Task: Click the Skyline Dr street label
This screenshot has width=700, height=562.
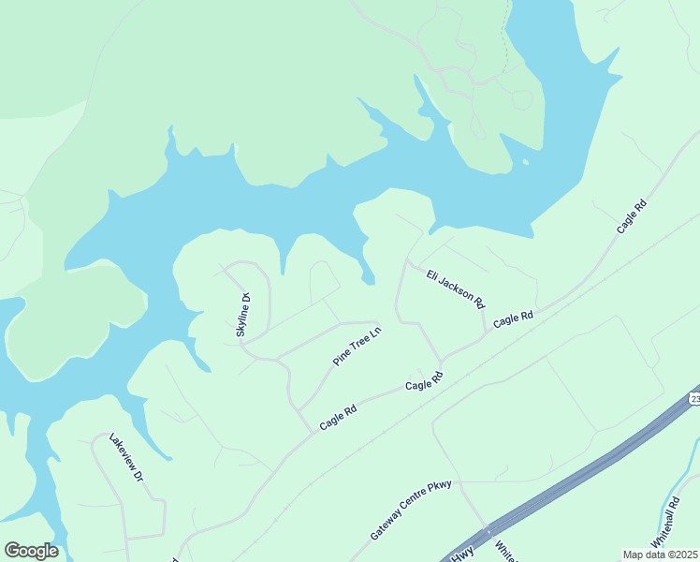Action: click(x=243, y=315)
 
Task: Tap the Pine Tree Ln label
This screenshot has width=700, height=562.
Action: click(x=357, y=346)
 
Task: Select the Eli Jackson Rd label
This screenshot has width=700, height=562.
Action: click(x=455, y=288)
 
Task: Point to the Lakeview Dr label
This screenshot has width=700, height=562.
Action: click(x=125, y=456)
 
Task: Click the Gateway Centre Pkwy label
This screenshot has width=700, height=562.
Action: click(x=411, y=510)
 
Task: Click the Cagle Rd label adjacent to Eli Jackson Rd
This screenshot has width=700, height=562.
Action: click(x=513, y=318)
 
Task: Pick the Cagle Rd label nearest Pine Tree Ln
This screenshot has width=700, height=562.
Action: click(x=338, y=417)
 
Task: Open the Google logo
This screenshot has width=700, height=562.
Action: click(x=31, y=551)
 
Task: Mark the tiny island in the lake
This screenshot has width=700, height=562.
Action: click(x=525, y=161)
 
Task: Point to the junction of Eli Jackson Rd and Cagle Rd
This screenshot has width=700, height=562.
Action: click(x=485, y=332)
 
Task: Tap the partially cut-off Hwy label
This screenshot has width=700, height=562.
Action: click(x=462, y=554)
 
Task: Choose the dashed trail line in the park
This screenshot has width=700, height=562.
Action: click(x=506, y=37)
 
